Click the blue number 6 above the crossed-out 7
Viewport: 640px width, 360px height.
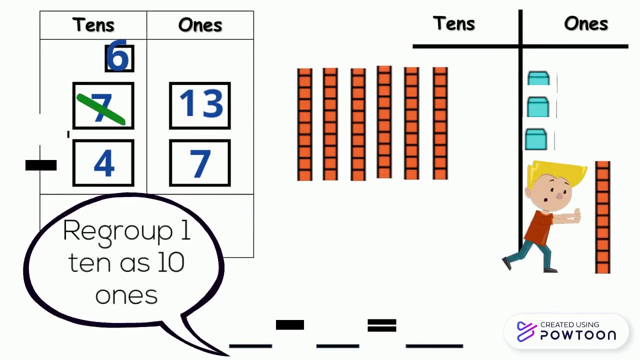pos(119,58)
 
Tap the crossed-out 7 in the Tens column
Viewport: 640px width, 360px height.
pos(103,106)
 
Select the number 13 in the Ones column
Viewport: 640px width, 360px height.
pos(200,105)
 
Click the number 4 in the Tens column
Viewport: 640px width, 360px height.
pos(103,163)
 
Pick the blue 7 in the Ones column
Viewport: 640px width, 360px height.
pos(200,163)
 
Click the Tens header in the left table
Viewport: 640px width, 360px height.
pos(93,25)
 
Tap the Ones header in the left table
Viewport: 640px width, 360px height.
pos(200,25)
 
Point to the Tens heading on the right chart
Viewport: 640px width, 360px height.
pos(454,23)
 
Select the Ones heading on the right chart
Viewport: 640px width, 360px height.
pos(586,23)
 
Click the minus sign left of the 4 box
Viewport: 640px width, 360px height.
pos(41,165)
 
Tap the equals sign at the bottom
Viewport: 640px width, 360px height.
pos(382,326)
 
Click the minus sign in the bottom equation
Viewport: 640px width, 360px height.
pos(290,325)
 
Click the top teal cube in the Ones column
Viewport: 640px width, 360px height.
pos(538,79)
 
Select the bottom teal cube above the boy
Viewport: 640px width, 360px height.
pos(535,139)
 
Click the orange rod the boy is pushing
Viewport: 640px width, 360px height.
pos(602,217)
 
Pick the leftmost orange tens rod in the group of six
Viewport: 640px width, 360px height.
pos(304,124)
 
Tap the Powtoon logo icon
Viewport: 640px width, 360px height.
pos(526,331)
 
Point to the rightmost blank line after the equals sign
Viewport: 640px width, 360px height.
pos(434,345)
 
